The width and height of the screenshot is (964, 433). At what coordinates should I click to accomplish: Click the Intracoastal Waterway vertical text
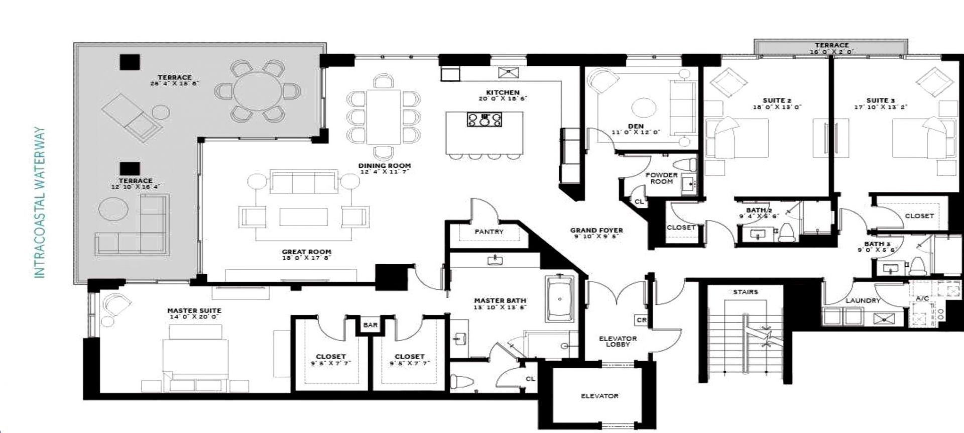pos(40,202)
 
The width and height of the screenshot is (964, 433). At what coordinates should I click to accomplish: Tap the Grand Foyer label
pos(596,231)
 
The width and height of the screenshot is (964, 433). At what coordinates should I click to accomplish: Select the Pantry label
pos(489,232)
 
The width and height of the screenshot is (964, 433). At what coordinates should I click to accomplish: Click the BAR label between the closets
pos(370,325)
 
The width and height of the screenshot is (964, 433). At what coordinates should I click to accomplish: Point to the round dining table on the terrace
pos(258,91)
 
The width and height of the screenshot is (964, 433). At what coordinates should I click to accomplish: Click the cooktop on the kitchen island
pos(484,120)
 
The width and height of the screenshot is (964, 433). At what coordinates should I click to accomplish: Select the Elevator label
pos(599,396)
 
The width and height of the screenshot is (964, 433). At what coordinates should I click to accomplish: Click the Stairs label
pos(745,292)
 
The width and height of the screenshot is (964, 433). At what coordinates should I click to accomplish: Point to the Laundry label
pos(863,300)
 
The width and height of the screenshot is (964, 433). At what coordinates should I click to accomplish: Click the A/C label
pos(923,298)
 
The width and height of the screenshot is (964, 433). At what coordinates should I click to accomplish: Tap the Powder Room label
pos(661,178)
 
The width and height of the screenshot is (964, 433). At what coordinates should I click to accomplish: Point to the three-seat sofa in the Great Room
pos(303,181)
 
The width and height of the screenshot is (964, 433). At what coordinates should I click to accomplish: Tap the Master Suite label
pos(194,310)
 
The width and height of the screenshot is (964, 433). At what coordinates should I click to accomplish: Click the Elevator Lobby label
pos(618,341)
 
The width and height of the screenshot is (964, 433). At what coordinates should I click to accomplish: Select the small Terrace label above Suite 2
pos(831,45)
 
